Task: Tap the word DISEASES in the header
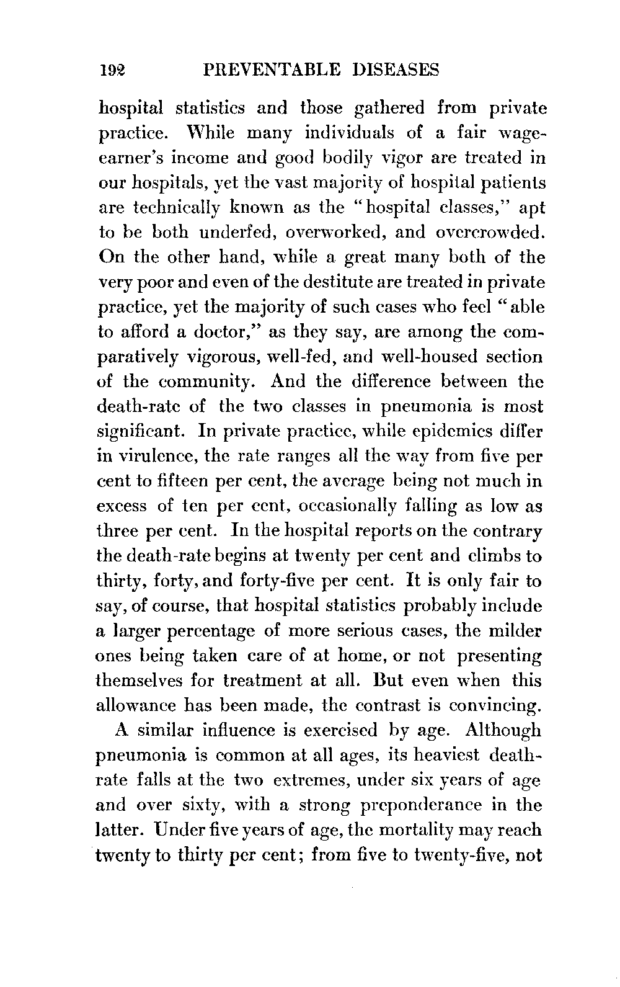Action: [394, 70]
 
